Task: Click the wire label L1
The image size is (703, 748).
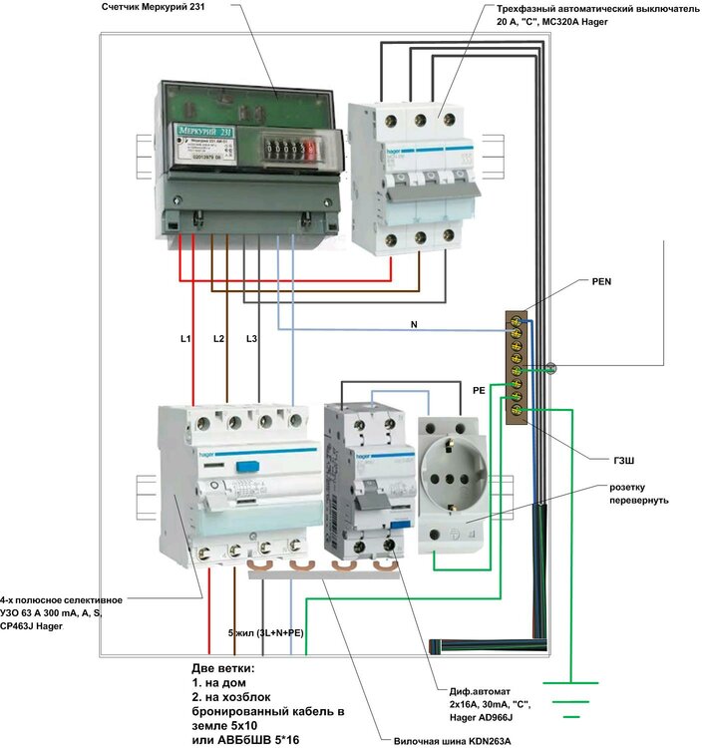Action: click(185, 340)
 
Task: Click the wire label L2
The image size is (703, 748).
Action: click(219, 340)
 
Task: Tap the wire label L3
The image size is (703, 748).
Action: click(251, 340)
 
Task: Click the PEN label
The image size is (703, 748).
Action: click(600, 282)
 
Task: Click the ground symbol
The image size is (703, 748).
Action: click(570, 699)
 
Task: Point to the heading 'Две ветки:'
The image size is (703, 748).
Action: click(224, 667)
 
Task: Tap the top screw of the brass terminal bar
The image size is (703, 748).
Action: click(517, 320)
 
